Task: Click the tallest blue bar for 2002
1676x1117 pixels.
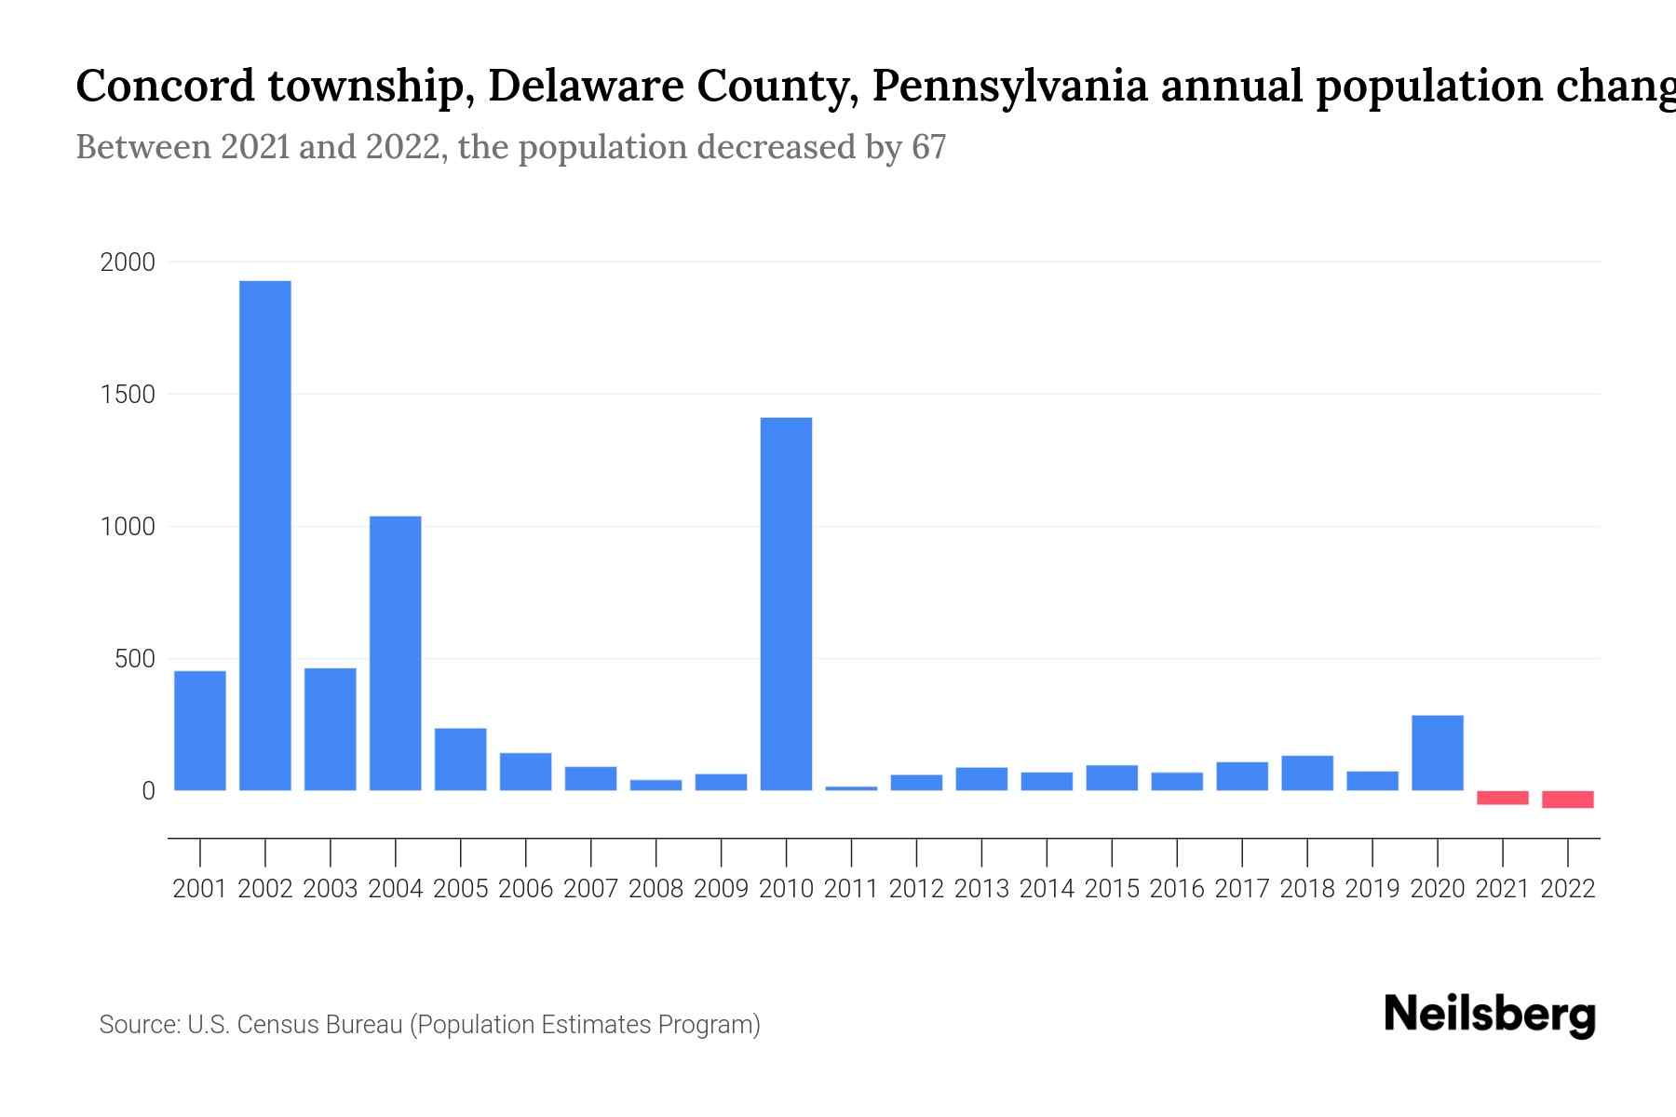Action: pos(265,535)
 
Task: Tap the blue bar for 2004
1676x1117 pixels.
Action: pos(396,653)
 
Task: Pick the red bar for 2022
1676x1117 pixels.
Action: pos(1568,800)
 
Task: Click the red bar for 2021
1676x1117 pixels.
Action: pos(1503,798)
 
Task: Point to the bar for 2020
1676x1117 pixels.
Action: pos(1438,753)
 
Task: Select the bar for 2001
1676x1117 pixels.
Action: pos(200,731)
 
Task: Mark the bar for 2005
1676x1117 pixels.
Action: pos(461,760)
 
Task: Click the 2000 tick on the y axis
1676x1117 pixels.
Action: pos(128,262)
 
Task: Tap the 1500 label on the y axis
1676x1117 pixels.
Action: pos(128,395)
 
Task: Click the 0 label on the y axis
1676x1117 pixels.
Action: pos(148,791)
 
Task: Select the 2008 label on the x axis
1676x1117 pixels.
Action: pos(656,889)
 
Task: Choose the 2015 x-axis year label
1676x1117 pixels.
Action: pos(1112,889)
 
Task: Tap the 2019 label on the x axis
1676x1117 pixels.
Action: pos(1372,889)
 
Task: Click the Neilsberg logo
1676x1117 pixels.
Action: pos(1490,1015)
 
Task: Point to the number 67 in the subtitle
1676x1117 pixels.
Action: pos(928,147)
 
